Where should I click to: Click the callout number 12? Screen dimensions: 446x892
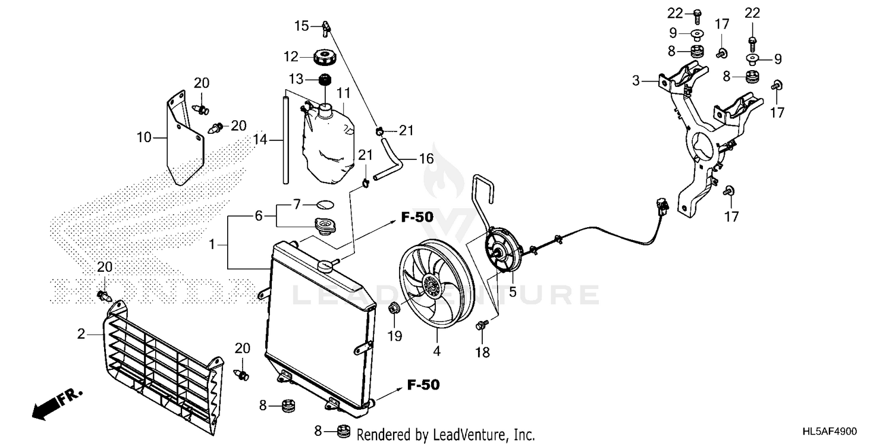291,57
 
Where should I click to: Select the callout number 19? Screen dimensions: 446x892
395,335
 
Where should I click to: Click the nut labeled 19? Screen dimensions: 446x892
392,308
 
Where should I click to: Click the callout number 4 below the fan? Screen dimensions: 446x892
436,351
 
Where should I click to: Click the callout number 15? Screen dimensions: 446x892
302,26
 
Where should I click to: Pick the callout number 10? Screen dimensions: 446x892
144,138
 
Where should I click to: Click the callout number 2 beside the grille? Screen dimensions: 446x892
81,334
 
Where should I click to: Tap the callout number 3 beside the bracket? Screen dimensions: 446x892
636,80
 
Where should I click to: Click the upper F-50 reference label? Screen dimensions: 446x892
416,218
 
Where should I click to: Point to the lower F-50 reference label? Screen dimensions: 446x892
423,385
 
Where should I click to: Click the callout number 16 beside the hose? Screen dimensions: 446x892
426,159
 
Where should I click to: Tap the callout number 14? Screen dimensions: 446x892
260,140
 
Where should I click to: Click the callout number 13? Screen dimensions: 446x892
296,78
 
